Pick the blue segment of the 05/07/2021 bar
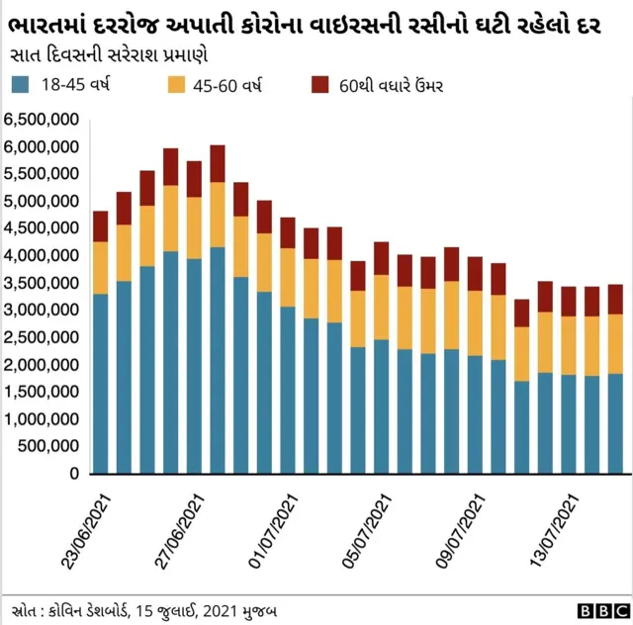point(381,406)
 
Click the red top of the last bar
point(615,299)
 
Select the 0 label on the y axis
point(72,474)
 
